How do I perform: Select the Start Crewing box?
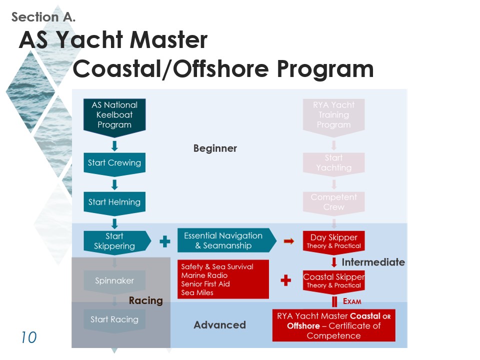[x=114, y=163]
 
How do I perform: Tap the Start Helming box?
[x=114, y=202]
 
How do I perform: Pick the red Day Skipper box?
[x=333, y=241]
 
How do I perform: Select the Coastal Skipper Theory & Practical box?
[x=333, y=281]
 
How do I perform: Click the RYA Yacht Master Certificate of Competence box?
[x=333, y=325]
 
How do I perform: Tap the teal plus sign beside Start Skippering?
[x=164, y=242]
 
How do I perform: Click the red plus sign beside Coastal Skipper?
[x=285, y=280]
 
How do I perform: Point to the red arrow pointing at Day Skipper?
[x=289, y=241]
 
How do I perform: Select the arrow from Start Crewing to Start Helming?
[x=114, y=184]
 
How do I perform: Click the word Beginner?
[x=215, y=148]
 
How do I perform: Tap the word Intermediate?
[x=373, y=262]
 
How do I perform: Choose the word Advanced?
[x=219, y=325]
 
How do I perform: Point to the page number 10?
[x=29, y=337]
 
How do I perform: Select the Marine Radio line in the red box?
[x=204, y=275]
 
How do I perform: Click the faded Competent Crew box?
[x=333, y=202]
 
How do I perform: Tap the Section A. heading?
[x=43, y=17]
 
